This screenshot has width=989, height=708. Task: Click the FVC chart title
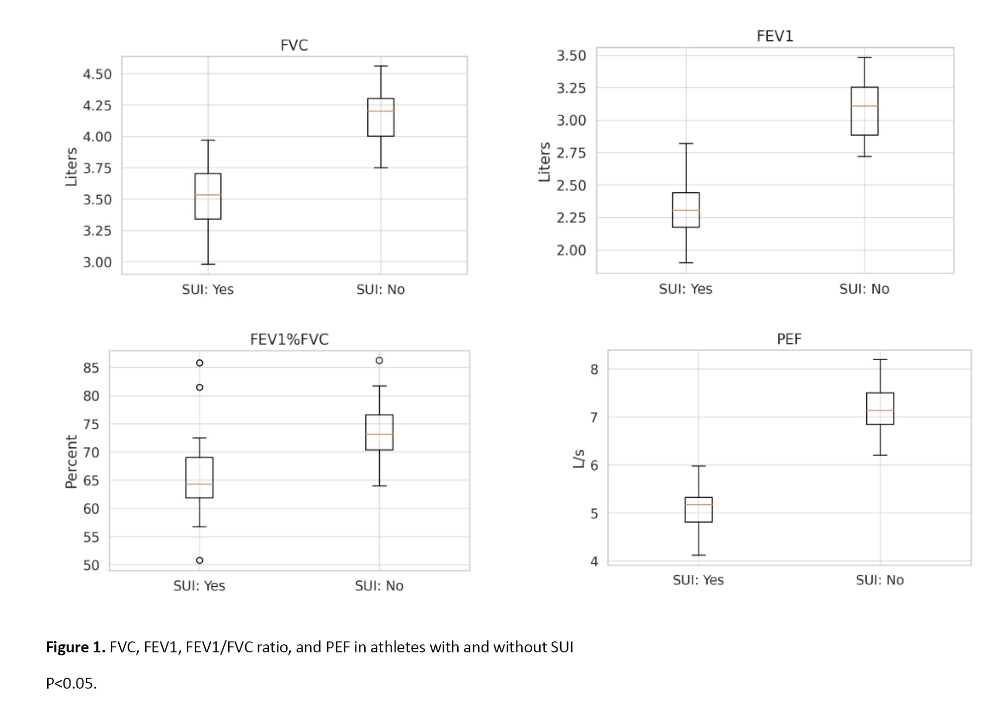[x=294, y=45]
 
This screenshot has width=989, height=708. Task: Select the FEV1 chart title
[x=775, y=36]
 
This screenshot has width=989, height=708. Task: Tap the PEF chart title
[x=789, y=339]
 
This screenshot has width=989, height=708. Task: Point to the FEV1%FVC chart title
[x=289, y=339]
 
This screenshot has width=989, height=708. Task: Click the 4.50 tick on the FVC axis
[x=97, y=74]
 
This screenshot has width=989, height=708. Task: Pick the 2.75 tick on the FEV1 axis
[x=571, y=153]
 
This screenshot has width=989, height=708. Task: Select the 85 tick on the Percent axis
[x=91, y=368]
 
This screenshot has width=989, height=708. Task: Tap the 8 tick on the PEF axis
[x=594, y=369]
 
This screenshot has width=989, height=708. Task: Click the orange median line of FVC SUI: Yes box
[x=208, y=195]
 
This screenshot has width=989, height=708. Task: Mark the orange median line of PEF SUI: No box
[x=880, y=410]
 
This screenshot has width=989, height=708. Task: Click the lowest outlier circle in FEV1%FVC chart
[x=199, y=560]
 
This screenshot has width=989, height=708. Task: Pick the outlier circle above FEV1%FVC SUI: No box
[x=379, y=361]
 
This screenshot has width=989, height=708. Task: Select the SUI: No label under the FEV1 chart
[x=864, y=289]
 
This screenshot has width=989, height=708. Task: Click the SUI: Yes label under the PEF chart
[x=698, y=580]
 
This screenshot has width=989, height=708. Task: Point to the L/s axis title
[x=578, y=459]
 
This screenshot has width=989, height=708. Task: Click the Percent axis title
[x=72, y=462]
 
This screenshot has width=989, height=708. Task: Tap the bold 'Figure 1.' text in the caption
[x=76, y=647]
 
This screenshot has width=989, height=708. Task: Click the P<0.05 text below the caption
[x=71, y=684]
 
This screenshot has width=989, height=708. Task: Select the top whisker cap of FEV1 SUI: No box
[x=864, y=58]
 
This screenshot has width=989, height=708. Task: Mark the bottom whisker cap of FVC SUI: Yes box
[x=208, y=264]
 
